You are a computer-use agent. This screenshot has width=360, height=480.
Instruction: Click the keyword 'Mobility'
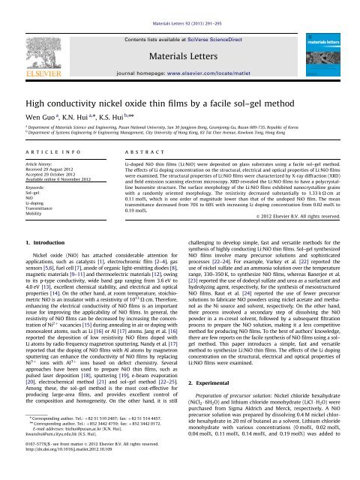tap(27, 229)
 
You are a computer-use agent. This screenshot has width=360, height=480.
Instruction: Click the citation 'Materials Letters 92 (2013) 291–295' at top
tap(179, 6)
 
